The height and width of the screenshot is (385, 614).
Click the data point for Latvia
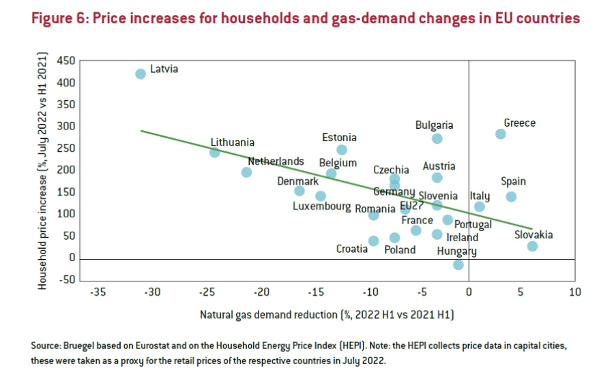click(x=141, y=74)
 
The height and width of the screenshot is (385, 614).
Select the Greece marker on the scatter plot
click(x=500, y=134)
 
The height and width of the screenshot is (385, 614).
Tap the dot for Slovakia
click(x=532, y=246)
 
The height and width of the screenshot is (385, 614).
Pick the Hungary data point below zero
click(x=458, y=264)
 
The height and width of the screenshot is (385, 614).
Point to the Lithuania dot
click(x=214, y=153)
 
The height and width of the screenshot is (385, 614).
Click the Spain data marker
click(x=511, y=197)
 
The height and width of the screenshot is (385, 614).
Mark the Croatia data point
click(x=373, y=241)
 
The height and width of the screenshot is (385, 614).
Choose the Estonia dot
click(x=342, y=150)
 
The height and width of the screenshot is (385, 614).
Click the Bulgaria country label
click(x=434, y=125)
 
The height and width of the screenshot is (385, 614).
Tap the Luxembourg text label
click(x=322, y=207)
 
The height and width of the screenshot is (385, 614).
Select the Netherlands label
click(x=276, y=161)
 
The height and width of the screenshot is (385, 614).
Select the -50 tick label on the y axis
click(x=66, y=280)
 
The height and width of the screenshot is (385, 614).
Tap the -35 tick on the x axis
click(x=98, y=292)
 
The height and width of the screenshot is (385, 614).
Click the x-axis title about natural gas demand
click(x=327, y=315)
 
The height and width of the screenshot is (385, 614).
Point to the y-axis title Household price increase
click(x=42, y=170)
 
